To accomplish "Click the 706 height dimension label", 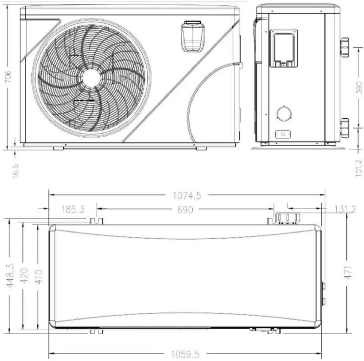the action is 8,76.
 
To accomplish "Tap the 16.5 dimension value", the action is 15,171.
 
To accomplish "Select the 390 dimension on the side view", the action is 359,87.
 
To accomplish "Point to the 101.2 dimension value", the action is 359,168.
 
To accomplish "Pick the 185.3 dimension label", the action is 73,209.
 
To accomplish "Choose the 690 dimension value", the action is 185,210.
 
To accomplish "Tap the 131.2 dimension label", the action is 345,210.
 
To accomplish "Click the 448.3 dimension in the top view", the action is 10,275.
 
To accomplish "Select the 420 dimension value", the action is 24,276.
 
